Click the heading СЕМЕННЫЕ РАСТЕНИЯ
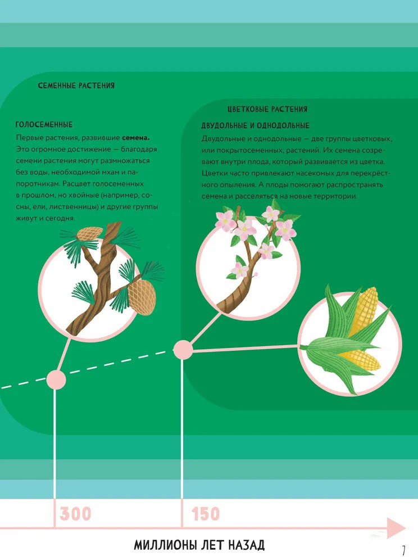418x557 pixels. (x=76, y=85)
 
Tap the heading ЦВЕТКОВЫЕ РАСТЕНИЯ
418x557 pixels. (x=267, y=109)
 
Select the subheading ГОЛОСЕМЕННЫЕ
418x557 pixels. (x=44, y=125)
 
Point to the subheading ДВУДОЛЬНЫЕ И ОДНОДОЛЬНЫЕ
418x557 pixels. (x=255, y=125)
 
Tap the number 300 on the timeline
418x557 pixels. (x=75, y=514)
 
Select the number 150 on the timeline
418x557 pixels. (x=205, y=514)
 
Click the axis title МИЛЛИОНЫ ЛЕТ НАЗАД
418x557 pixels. (x=199, y=545)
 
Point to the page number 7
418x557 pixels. (x=403, y=550)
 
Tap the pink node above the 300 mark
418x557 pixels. (x=56, y=379)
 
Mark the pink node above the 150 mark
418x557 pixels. (x=183, y=350)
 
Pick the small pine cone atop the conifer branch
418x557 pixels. (x=89, y=233)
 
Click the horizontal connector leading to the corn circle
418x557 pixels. (x=246, y=348)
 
